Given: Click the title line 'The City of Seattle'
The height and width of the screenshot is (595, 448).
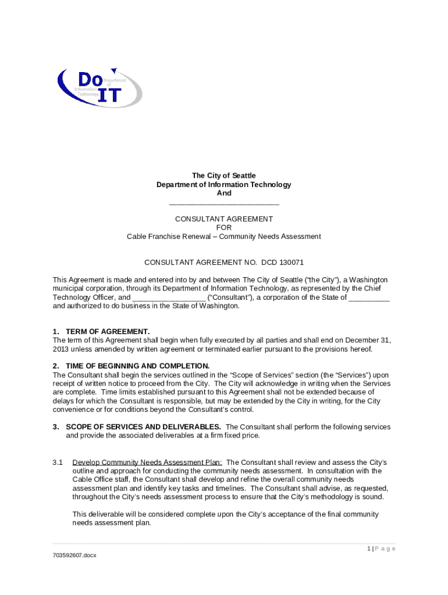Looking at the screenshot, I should (x=224, y=175).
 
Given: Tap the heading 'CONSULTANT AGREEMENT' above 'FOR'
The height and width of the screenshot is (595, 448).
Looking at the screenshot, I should (x=224, y=219).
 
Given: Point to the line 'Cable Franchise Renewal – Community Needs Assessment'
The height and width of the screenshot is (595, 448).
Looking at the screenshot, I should (x=224, y=236).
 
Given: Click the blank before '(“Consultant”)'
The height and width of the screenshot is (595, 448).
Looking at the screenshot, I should (x=169, y=299).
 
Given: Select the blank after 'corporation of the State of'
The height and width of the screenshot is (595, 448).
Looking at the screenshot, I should (x=369, y=299).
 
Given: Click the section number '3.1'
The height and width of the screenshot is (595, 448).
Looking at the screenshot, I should (x=58, y=463).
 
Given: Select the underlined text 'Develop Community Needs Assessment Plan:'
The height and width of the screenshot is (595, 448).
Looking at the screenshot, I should (x=147, y=463).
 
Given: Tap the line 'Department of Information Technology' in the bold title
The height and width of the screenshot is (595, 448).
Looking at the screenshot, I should (x=224, y=185).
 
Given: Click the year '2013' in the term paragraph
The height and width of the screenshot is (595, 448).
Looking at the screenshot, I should (x=61, y=349).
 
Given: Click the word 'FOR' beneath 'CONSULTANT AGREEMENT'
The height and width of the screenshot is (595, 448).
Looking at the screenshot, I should (x=224, y=228).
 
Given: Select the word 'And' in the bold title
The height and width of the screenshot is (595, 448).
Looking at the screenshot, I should (x=224, y=193).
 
